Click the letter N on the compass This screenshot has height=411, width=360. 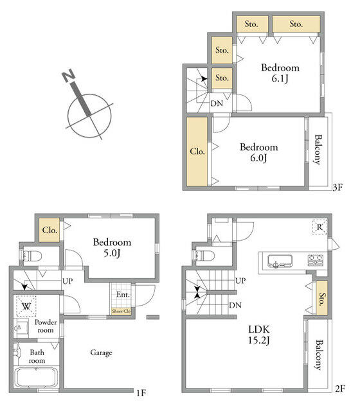click(69, 75)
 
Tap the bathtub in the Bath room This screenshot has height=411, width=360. click(36, 377)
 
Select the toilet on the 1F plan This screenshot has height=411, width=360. click(32, 256)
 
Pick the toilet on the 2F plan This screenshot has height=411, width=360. click(205, 256)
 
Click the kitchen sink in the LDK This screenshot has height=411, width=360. click(280, 261)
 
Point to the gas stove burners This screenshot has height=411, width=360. click(316, 260)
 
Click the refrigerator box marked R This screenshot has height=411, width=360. click(319, 227)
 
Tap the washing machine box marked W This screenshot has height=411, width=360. click(26, 306)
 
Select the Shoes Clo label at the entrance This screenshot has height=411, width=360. click(122, 311)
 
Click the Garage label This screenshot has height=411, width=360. click(102, 353)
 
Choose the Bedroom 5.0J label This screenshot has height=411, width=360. click(112, 247)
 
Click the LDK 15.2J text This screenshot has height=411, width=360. click(259, 335)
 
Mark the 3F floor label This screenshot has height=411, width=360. click(337, 187)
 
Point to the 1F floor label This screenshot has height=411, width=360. click(141, 393)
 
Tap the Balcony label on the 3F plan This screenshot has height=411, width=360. click(318, 150)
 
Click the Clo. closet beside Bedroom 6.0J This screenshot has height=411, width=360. click(197, 152)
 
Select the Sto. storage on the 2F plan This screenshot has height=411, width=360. click(321, 298)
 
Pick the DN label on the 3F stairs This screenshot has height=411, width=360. click(217, 103)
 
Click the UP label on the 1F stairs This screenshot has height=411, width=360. click(67, 281)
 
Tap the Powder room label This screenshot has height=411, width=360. click(46, 326)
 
